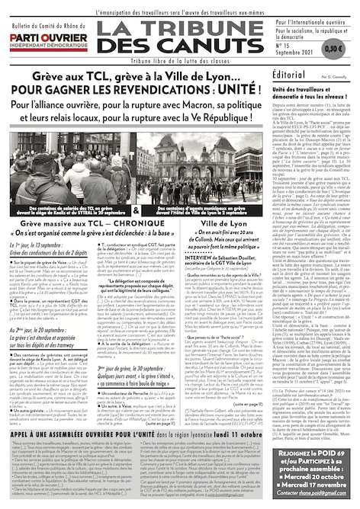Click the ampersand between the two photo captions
[136, 209]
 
